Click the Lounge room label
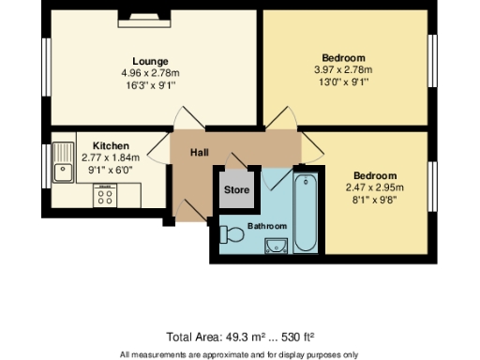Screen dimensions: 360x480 click(150, 61)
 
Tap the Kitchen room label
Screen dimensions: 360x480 click(111, 146)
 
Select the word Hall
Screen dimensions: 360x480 click(200, 153)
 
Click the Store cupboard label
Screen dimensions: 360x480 click(237, 190)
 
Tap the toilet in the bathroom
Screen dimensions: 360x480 click(232, 233)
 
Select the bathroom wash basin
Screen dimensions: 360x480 click(275, 247)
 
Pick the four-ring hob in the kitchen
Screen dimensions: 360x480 click(105, 195)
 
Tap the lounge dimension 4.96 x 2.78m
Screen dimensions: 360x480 click(150, 72)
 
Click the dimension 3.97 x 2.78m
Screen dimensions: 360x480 click(342, 69)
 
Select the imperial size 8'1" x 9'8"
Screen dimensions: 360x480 click(374, 198)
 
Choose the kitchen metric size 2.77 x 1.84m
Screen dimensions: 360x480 click(111, 157)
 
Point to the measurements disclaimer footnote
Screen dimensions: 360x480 click(238, 353)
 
